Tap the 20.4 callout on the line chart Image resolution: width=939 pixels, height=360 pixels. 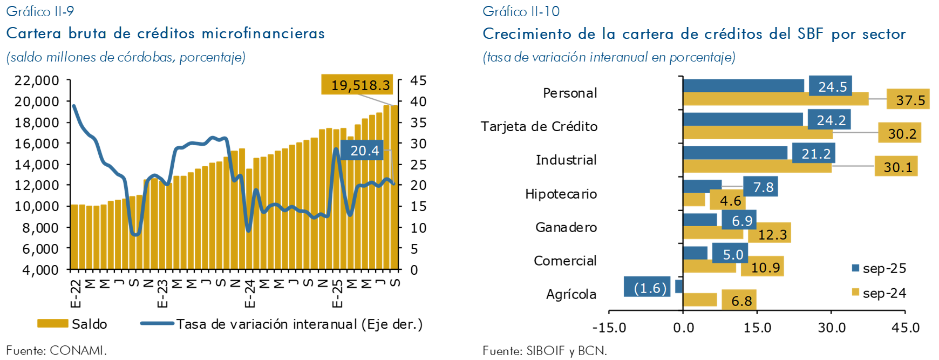click(x=364, y=151)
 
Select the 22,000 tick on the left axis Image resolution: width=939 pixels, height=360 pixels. click(x=37, y=80)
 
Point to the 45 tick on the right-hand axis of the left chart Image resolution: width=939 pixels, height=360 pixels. click(x=418, y=80)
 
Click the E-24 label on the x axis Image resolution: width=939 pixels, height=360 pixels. click(x=249, y=294)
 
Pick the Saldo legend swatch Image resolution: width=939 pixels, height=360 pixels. click(x=52, y=324)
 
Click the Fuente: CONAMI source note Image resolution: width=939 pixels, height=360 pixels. click(x=57, y=350)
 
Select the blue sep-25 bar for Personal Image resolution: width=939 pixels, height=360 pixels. click(x=743, y=86)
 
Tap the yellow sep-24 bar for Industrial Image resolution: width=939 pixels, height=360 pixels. click(x=757, y=166)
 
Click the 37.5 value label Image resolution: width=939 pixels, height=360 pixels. click(x=910, y=100)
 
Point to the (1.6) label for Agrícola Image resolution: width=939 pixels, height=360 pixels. click(x=650, y=288)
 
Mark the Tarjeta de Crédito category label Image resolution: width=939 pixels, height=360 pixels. click(x=539, y=126)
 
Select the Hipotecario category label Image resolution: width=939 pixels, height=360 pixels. click(x=561, y=194)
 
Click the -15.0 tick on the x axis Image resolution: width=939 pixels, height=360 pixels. click(x=609, y=328)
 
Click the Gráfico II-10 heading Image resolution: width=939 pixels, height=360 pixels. click(x=521, y=11)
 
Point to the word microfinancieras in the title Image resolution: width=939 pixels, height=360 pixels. click(x=263, y=33)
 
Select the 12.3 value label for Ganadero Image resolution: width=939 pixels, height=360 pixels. click(x=772, y=234)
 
